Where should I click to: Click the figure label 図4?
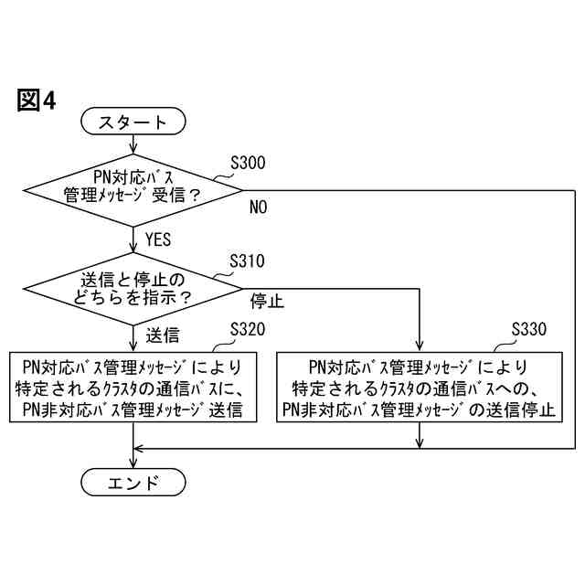click(37, 100)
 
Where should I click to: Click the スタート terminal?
click(133, 122)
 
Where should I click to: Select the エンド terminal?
click(133, 483)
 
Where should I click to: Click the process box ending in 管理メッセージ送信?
click(133, 388)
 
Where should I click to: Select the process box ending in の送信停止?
click(420, 388)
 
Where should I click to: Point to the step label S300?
click(248, 163)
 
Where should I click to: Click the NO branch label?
click(259, 208)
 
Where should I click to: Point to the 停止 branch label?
click(267, 301)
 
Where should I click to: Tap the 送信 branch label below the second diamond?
click(162, 333)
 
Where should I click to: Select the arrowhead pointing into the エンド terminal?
click(133, 463)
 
